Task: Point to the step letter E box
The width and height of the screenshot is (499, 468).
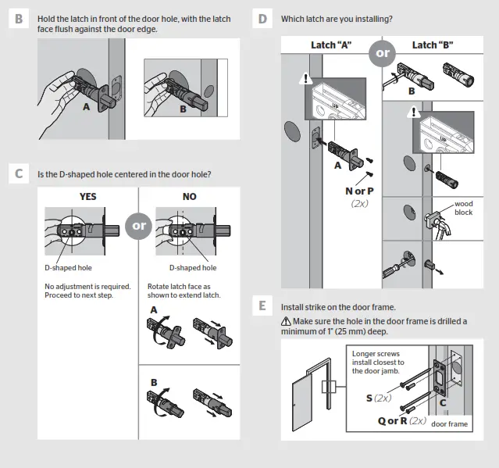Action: (262, 306)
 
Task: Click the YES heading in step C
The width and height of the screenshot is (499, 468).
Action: (88, 197)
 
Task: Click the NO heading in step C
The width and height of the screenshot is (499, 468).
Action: (190, 197)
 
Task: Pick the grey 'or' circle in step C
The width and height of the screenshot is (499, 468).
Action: (139, 226)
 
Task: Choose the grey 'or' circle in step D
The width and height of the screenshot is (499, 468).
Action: (383, 54)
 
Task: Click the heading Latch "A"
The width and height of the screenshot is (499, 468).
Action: (332, 45)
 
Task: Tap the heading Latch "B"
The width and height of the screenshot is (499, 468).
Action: (433, 45)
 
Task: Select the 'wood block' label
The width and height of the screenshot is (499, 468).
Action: (463, 208)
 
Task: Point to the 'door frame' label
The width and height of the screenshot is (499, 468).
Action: (449, 424)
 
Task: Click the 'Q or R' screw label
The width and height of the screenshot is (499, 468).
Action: (392, 420)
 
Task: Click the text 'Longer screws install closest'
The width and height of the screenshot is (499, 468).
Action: (379, 359)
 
